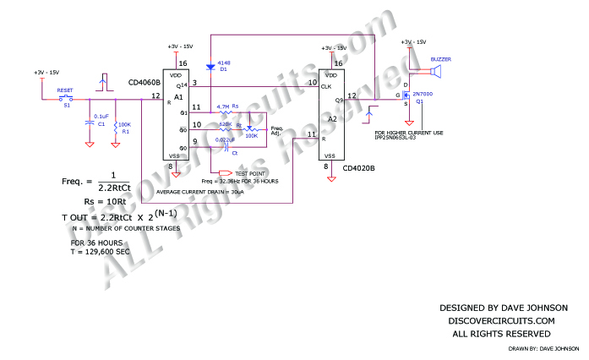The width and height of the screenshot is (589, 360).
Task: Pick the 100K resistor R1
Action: point(116,127)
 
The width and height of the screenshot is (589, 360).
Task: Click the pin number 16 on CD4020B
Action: point(337,63)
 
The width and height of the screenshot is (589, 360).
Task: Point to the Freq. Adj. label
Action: point(278,130)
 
